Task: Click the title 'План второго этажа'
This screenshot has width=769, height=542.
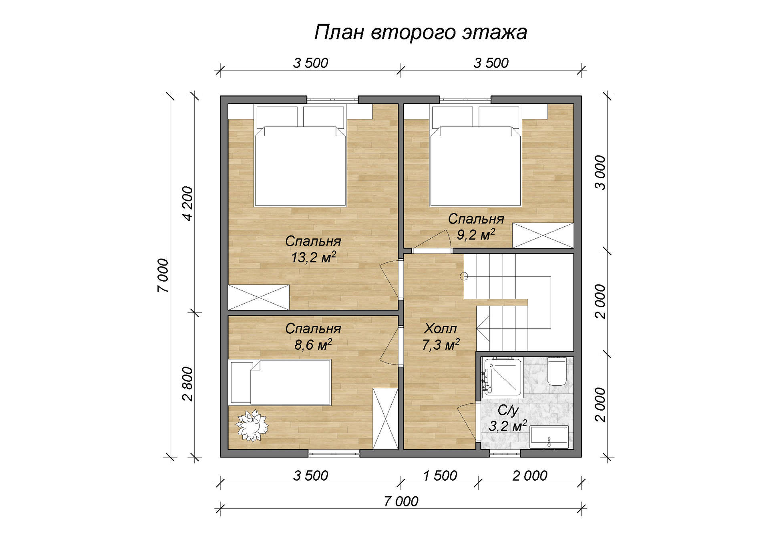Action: [421, 32]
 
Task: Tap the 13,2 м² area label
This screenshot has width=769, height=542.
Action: [313, 257]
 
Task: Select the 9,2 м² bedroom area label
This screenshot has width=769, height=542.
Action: [476, 234]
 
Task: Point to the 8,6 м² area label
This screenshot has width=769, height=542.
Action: [313, 345]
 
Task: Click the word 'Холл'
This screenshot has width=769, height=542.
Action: [440, 328]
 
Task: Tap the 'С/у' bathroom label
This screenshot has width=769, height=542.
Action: [508, 410]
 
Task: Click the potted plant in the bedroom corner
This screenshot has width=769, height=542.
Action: [252, 425]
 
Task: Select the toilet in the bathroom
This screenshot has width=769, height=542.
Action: [557, 371]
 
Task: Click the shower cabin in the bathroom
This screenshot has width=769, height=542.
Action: [502, 377]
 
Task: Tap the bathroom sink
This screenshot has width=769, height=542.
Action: [549, 437]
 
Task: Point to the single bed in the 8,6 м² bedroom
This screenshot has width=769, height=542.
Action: [280, 382]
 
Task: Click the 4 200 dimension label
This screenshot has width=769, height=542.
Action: [187, 204]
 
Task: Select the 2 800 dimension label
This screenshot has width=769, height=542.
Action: [187, 384]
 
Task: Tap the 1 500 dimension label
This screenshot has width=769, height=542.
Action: [440, 476]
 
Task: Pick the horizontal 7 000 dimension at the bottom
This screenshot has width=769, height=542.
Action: [401, 501]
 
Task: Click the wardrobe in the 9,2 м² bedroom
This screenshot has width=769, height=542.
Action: [543, 235]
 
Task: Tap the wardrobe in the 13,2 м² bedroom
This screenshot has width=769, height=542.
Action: [259, 297]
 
